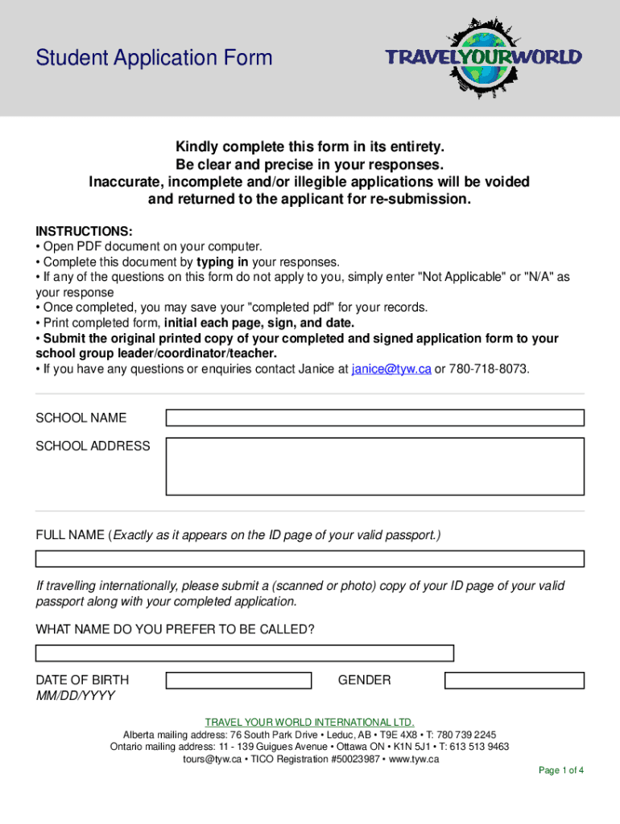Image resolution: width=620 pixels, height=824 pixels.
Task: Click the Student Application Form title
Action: pyautogui.click(x=154, y=58)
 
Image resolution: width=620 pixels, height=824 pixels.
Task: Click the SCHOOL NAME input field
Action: pyautogui.click(x=374, y=418)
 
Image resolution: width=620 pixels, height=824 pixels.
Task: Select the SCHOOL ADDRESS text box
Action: pyautogui.click(x=374, y=466)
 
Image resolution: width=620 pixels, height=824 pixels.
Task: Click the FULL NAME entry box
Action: pyautogui.click(x=310, y=558)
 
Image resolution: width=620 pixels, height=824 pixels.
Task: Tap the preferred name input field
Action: pyautogui.click(x=245, y=653)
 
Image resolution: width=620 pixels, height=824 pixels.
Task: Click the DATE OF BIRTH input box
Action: pyautogui.click(x=238, y=681)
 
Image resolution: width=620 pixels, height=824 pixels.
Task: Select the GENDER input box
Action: pyautogui.click(x=514, y=681)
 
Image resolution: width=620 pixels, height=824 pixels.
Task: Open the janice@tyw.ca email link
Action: pyautogui.click(x=391, y=369)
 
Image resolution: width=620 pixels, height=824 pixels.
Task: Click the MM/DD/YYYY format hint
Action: pyautogui.click(x=75, y=695)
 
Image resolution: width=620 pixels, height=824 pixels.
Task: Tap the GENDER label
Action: pyautogui.click(x=364, y=681)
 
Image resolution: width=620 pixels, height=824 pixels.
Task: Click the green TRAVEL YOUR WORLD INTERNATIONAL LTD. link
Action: pyautogui.click(x=310, y=722)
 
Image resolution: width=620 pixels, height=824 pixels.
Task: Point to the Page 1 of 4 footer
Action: pyautogui.click(x=560, y=770)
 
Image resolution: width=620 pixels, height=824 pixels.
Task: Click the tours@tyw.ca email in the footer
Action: pyautogui.click(x=212, y=759)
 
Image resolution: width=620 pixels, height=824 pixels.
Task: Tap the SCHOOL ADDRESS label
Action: pyautogui.click(x=93, y=446)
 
